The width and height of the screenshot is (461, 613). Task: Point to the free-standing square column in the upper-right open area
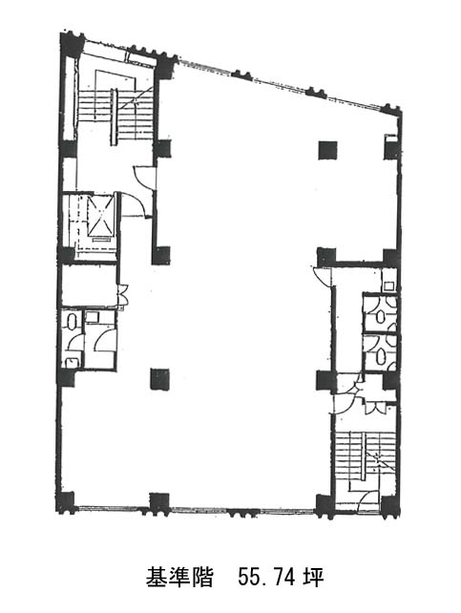327,150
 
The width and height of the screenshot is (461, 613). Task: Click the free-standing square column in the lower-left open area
159,379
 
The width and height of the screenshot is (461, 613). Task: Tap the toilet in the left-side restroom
72,322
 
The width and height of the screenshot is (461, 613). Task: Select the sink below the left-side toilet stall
72,363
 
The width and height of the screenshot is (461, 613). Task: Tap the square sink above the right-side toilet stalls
388,285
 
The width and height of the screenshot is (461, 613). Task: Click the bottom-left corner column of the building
66,502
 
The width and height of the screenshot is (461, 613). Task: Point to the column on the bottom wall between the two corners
159,504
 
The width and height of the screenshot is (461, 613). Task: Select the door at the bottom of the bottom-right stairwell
369,501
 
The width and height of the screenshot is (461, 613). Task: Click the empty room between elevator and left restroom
90,285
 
